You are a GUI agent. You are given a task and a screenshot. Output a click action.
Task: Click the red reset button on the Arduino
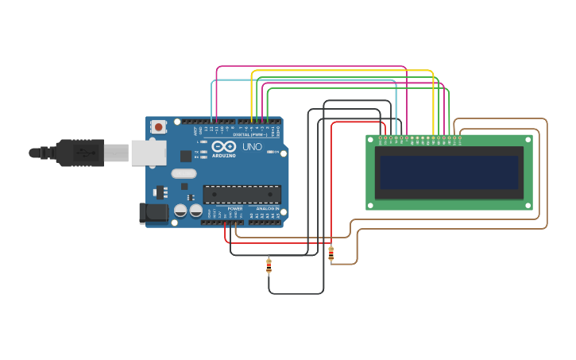coord(159,126)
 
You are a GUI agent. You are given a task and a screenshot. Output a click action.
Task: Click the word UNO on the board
coord(252,147)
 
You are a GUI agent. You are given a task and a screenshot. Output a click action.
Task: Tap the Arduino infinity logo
coord(224,146)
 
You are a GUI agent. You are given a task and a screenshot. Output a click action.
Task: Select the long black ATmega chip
coord(242,195)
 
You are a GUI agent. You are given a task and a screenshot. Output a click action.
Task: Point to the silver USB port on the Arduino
coord(148,153)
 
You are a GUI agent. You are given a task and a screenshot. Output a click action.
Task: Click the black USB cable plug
coord(79,152)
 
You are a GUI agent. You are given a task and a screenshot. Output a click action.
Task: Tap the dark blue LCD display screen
coord(449,172)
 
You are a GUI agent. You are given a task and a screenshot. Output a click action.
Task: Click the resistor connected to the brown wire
coord(331,254)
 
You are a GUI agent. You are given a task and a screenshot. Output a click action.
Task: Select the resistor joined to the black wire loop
coord(269,265)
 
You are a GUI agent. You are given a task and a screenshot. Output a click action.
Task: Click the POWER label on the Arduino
coord(235,209)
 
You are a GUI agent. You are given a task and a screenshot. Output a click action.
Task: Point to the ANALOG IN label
coord(267,209)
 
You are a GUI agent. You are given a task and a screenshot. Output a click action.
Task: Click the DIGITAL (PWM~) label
coord(250,134)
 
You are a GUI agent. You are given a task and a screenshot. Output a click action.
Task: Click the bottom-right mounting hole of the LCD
coord(528,205)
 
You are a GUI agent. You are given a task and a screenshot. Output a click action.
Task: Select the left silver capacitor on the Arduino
coord(180,211)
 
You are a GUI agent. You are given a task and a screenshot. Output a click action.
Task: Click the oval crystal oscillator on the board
coord(183,173)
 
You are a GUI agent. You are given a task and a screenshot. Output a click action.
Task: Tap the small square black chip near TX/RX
coord(186,157)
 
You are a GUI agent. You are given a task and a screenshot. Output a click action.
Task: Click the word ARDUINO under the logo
coord(224,155)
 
